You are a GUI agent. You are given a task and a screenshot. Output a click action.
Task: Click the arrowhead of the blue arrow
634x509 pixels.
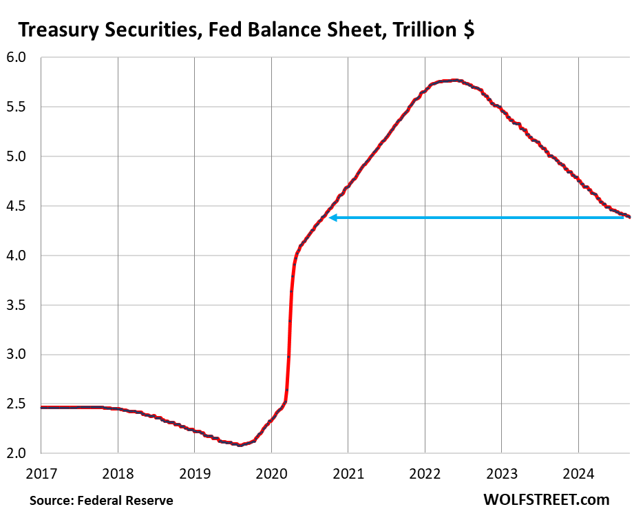332,218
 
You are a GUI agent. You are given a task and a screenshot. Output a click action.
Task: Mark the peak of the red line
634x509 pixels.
454,80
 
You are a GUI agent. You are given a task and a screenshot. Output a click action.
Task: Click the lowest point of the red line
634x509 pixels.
240,445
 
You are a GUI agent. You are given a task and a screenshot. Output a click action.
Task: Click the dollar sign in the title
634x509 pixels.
468,30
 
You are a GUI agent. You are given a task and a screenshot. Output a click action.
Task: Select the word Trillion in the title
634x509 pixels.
420,30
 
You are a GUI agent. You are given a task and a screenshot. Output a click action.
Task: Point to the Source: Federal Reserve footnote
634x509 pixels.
101,500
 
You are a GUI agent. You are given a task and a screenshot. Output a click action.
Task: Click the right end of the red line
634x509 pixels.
629,217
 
